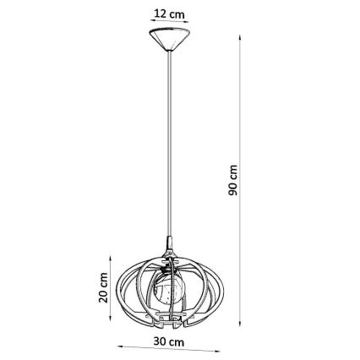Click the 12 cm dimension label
(169, 14)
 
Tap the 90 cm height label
(232, 180)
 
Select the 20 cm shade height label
(103, 287)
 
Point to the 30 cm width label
(169, 341)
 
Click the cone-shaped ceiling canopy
(170, 39)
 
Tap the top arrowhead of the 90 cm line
(240, 38)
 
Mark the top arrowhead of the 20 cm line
(110, 259)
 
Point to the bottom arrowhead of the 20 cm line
(110, 318)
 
